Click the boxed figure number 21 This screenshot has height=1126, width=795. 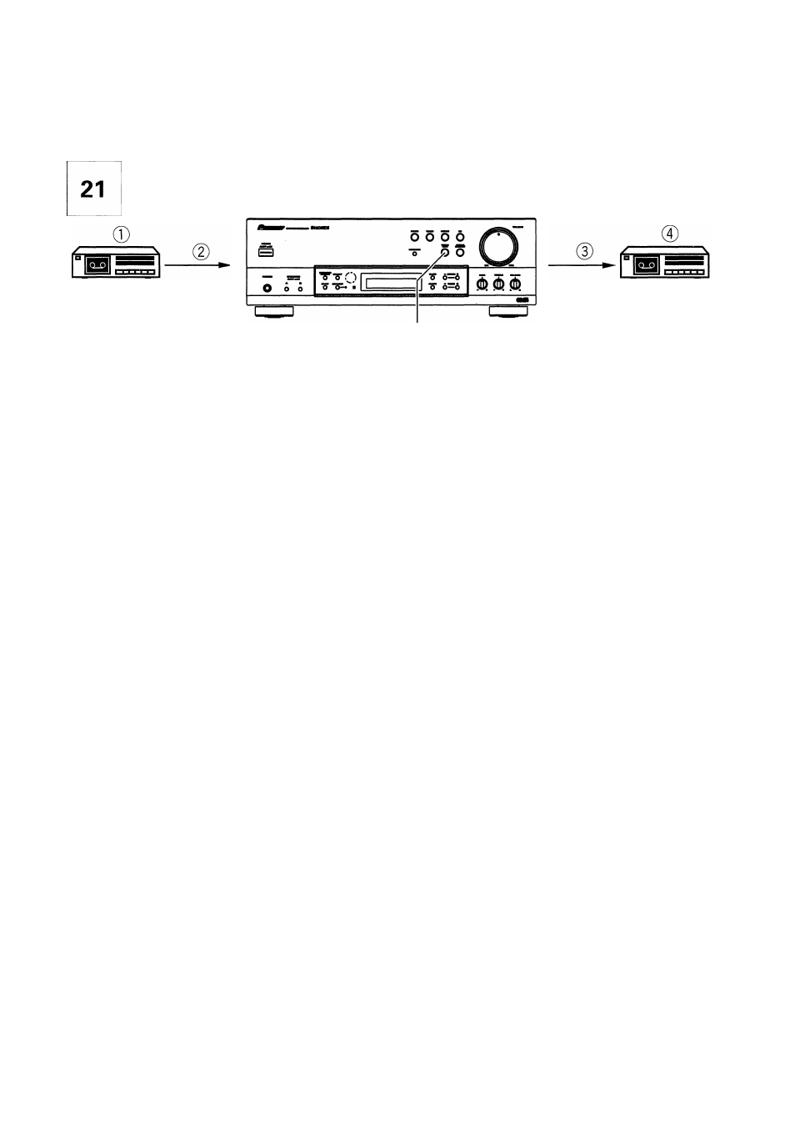93,189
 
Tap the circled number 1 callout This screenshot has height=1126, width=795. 122,234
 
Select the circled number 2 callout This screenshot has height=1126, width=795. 202,250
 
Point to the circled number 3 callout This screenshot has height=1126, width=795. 586,250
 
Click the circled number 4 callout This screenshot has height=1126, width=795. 670,234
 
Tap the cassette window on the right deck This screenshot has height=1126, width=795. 647,267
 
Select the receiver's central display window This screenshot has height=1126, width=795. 390,282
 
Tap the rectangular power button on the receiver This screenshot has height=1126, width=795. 265,247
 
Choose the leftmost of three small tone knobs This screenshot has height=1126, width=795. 482,285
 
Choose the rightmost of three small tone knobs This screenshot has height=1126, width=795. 515,285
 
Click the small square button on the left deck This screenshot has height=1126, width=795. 76,259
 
